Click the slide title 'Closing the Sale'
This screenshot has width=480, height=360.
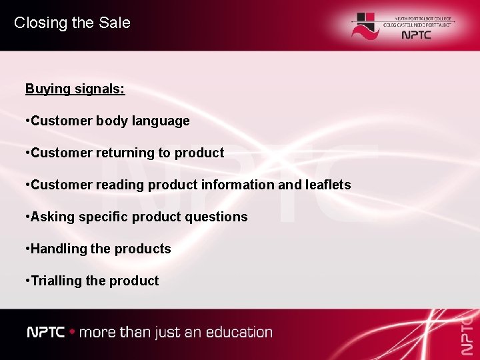pos(72,23)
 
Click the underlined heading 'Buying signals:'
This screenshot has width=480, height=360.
pos(75,89)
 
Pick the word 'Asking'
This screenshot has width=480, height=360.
pos(51,217)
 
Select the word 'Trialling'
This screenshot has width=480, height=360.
pos(56,281)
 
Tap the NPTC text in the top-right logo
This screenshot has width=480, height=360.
pos(417,35)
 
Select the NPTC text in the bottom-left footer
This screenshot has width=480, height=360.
pos(45,332)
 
